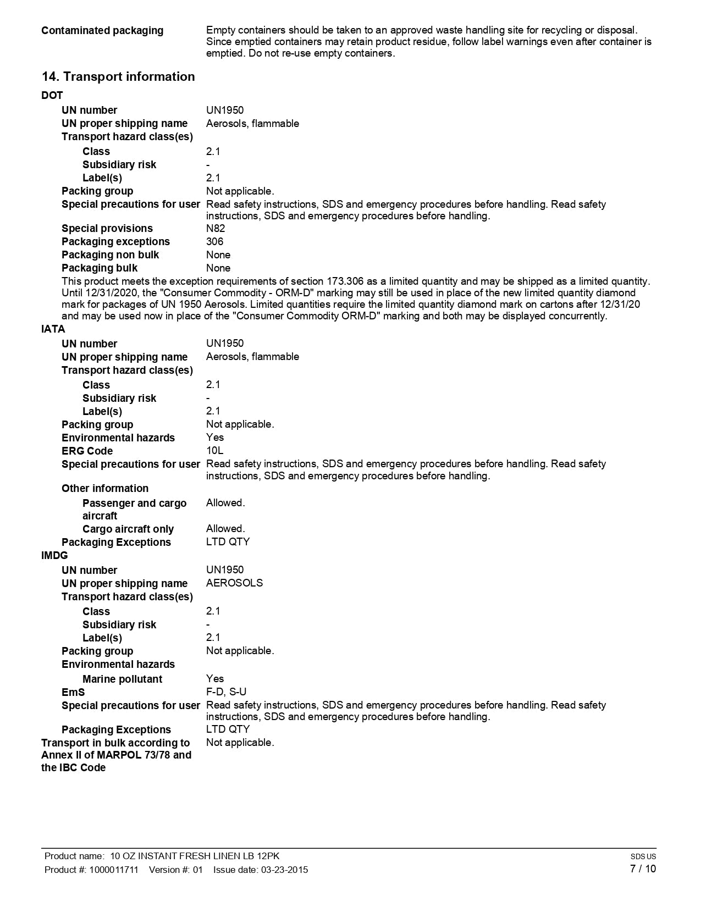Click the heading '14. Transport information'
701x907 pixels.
point(118,77)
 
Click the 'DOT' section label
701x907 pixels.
point(52,96)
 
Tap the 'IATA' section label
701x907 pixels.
point(53,329)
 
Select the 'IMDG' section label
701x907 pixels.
point(54,556)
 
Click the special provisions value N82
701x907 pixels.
point(216,229)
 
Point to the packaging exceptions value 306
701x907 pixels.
point(215,242)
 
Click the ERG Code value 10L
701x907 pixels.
point(215,451)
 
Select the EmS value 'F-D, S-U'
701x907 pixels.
point(227,692)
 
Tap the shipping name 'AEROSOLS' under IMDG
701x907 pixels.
point(235,583)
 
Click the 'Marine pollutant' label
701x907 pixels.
point(122,679)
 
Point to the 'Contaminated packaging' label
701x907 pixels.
point(102,31)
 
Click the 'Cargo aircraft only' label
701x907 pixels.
point(128,529)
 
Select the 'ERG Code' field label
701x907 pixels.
point(87,451)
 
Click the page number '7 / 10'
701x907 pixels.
point(643,869)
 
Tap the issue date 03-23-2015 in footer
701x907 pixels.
point(284,870)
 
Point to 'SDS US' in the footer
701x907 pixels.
point(643,856)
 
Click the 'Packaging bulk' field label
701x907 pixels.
point(100,268)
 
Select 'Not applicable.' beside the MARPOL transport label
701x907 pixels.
point(240,743)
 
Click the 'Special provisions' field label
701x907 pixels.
point(107,229)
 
